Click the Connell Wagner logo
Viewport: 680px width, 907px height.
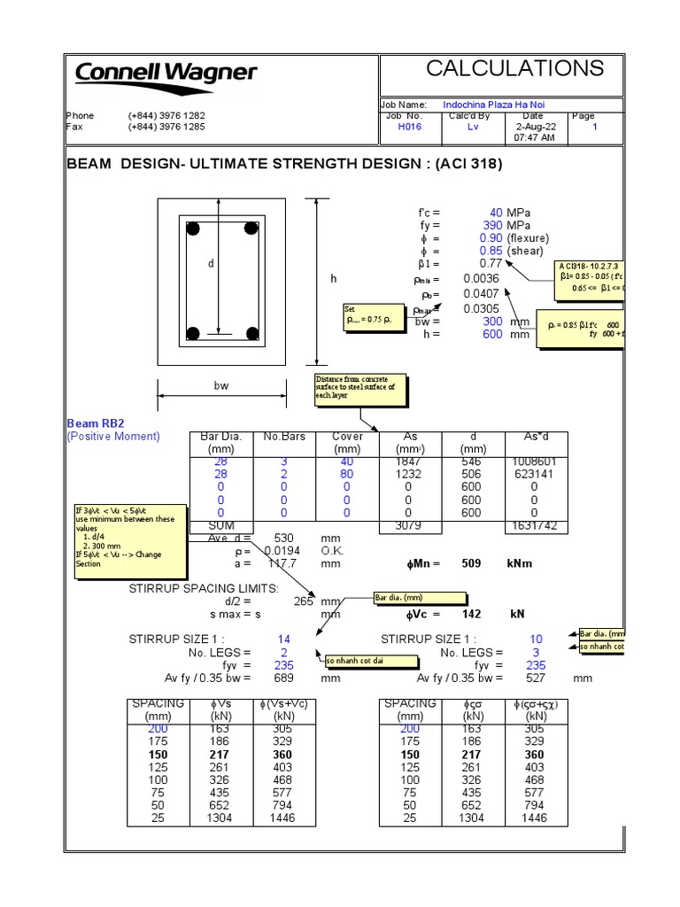click(166, 74)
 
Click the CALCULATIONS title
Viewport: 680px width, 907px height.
click(514, 68)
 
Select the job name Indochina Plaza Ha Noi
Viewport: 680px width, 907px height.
click(493, 105)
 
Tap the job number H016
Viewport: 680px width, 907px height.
click(410, 127)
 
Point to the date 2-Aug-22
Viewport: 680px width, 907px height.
click(534, 127)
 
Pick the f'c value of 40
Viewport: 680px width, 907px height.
click(495, 213)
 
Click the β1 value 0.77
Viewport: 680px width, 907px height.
click(491, 264)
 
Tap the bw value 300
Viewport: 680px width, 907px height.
click(492, 322)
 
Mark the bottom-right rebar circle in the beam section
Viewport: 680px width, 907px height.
click(254, 334)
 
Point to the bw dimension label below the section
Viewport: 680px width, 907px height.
click(221, 387)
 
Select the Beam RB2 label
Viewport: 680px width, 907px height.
click(96, 423)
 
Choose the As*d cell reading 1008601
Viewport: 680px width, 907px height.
click(534, 461)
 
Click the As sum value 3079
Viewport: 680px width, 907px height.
click(408, 525)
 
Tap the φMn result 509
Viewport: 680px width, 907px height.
click(472, 563)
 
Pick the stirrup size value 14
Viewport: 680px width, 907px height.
click(283, 639)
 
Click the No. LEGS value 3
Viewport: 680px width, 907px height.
click(535, 652)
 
